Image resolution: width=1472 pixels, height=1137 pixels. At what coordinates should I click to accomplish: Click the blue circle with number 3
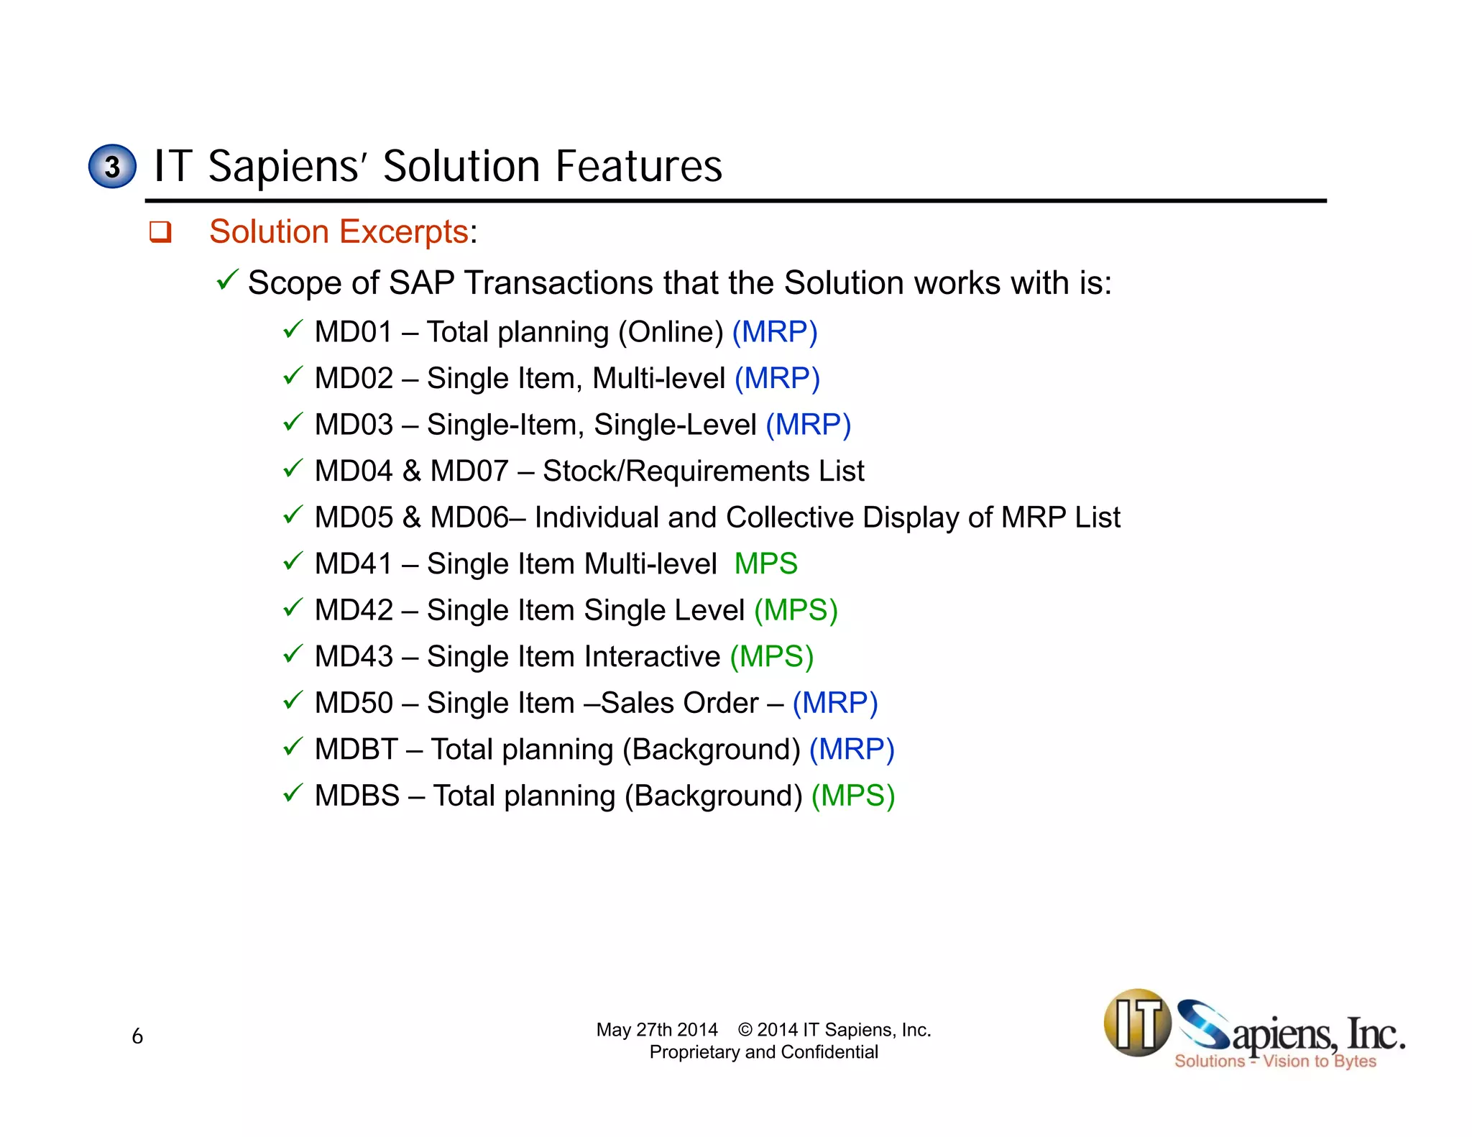112,167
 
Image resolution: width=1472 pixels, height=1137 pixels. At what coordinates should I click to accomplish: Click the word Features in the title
638,167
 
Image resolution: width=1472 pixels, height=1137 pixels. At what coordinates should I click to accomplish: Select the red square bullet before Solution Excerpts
160,232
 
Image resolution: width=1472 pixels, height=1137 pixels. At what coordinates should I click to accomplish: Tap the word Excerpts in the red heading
404,232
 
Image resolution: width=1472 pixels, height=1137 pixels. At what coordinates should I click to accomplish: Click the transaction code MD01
354,332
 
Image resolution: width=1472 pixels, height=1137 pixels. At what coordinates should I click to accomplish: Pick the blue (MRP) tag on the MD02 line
777,379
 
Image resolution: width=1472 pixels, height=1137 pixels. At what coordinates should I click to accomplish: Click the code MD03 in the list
354,425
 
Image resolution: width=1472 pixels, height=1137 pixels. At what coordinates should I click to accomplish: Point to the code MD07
469,471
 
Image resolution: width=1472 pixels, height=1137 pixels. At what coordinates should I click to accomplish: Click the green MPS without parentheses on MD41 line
765,563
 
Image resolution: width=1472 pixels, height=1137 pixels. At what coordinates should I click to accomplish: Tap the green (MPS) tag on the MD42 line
796,610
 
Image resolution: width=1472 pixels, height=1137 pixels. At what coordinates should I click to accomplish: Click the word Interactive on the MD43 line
652,657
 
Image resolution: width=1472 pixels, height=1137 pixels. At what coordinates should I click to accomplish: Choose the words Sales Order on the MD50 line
679,703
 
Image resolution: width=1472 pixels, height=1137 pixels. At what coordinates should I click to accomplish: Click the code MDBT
356,750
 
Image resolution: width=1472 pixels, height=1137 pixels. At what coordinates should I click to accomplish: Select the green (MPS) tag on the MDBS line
853,796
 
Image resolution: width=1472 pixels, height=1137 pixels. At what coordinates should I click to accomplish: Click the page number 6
137,1036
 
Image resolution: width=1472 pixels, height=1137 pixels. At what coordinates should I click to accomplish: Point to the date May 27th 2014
656,1030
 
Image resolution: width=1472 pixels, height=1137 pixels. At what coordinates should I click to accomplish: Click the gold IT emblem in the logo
1137,1023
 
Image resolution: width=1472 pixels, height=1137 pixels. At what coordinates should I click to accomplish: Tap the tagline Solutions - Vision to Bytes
1275,1062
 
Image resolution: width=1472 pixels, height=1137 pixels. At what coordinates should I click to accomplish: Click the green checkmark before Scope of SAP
226,280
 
